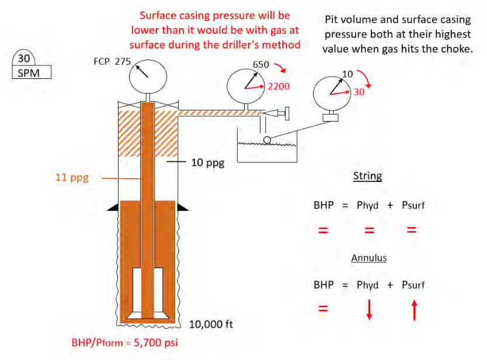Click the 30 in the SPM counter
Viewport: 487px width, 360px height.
[x=24, y=58]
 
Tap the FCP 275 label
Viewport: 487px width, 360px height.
[x=112, y=61]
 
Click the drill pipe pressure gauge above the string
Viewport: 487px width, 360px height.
[x=148, y=77]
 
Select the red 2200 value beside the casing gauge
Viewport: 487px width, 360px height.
[x=279, y=86]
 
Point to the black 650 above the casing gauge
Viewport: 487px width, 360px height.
[x=261, y=65]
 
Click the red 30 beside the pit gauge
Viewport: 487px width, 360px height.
[x=359, y=92]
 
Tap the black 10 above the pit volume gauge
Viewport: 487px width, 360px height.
[x=347, y=74]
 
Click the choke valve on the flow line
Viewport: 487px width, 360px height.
[x=277, y=113]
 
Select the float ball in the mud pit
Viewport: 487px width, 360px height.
[x=267, y=140]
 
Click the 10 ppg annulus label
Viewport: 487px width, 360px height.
[x=208, y=162]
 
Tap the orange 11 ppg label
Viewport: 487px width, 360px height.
[x=72, y=178]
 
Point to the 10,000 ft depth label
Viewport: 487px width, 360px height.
[x=211, y=324]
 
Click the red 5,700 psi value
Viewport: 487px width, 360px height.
[x=155, y=342]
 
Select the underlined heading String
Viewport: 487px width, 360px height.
[x=367, y=176]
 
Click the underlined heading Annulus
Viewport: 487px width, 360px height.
[x=369, y=258]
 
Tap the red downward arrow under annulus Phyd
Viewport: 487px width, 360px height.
[x=369, y=309]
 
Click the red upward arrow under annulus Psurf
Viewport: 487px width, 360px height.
[x=415, y=310]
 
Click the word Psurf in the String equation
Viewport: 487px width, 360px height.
[x=413, y=205]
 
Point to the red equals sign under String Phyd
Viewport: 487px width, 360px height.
[x=369, y=230]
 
